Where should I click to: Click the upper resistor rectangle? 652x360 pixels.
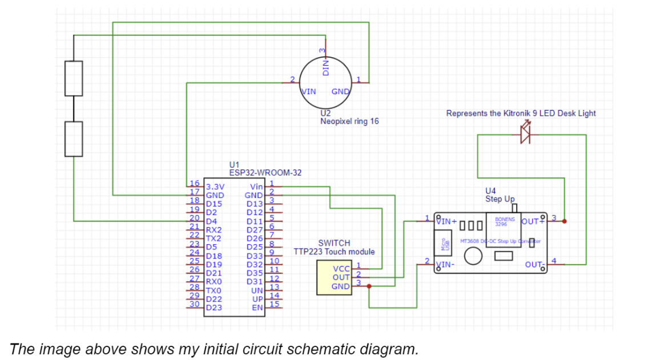pyautogui.click(x=74, y=78)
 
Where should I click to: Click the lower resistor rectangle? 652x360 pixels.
pyautogui.click(x=74, y=139)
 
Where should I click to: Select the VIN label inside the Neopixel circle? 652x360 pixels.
pyautogui.click(x=309, y=91)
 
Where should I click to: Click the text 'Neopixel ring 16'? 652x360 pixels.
pyautogui.click(x=349, y=122)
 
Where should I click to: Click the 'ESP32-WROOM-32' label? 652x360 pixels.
pyautogui.click(x=265, y=172)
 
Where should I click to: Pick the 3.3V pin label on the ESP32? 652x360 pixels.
pyautogui.click(x=215, y=187)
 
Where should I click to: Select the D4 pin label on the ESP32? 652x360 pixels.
pyautogui.click(x=211, y=221)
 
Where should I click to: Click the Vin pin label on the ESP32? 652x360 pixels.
pyautogui.click(x=256, y=187)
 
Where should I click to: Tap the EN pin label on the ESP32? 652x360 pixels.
pyautogui.click(x=258, y=308)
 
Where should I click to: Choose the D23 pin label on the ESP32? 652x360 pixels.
pyautogui.click(x=214, y=308)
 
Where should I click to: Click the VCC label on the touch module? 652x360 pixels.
pyautogui.click(x=341, y=269)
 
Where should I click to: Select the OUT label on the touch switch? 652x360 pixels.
pyautogui.click(x=341, y=277)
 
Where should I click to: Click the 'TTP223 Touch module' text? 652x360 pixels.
pyautogui.click(x=334, y=252)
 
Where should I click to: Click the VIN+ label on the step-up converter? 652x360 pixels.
pyautogui.click(x=446, y=220)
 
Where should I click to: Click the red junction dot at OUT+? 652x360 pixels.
pyautogui.click(x=565, y=220)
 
